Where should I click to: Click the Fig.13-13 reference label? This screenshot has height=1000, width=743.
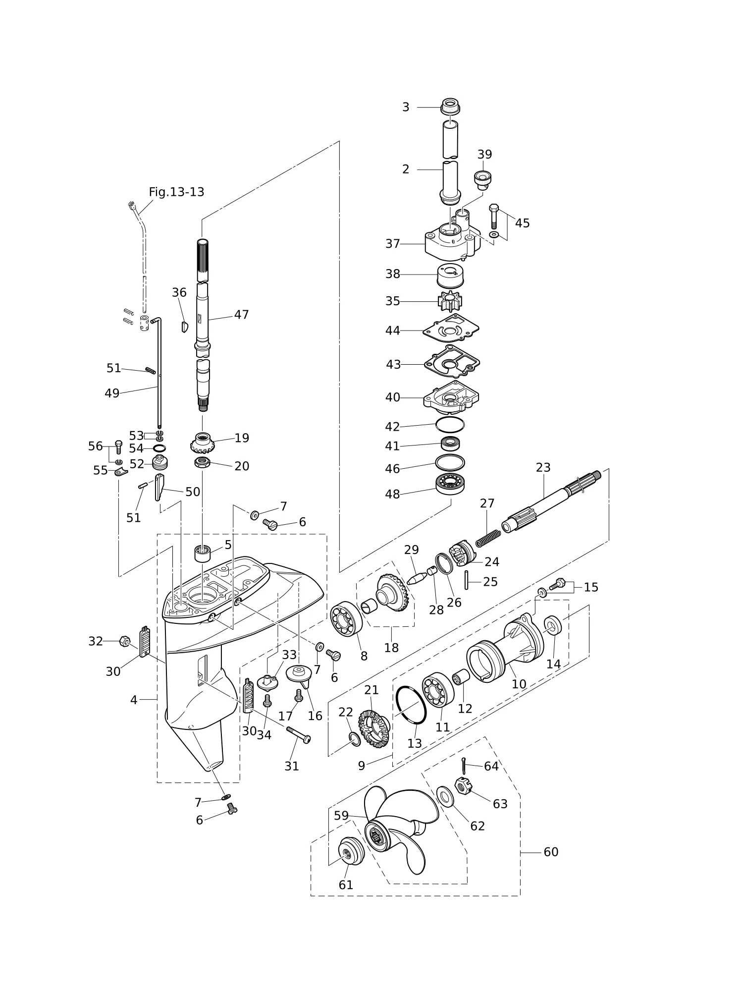(x=176, y=192)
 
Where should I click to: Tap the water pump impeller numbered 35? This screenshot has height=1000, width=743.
(x=450, y=301)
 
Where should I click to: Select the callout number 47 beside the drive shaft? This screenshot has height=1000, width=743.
(x=241, y=315)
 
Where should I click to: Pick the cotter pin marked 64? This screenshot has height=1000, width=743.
(x=463, y=766)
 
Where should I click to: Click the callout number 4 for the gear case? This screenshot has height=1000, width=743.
(x=134, y=700)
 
